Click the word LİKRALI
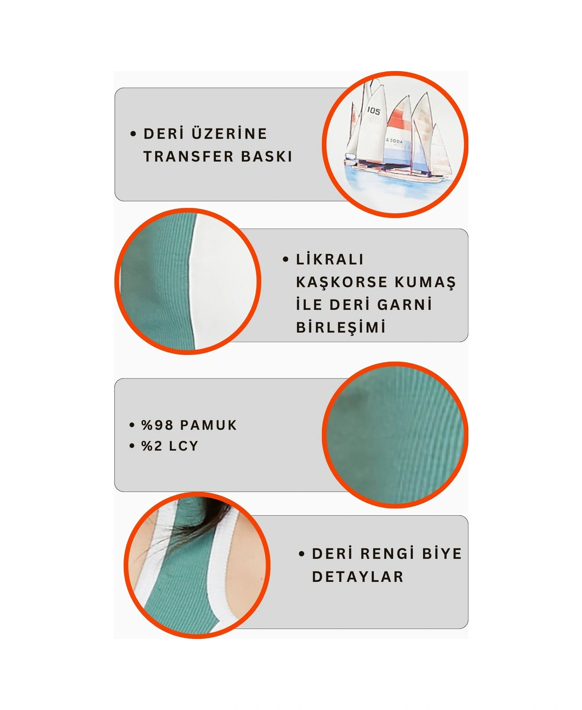click(330, 260)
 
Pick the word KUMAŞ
click(425, 282)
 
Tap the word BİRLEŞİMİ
click(341, 327)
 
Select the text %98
click(157, 425)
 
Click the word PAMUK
click(208, 425)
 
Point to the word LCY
click(183, 446)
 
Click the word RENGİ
click(387, 554)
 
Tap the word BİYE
click(442, 554)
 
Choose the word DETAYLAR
click(358, 577)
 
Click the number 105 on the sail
click(374, 110)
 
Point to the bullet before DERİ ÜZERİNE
click(133, 134)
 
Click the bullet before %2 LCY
click(132, 446)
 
